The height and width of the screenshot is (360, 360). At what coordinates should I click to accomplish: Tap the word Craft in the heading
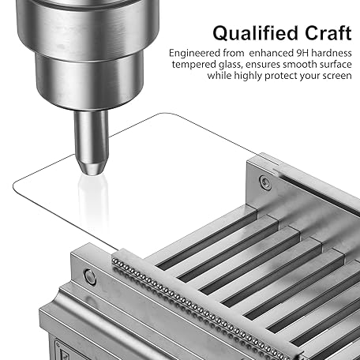click(x=328, y=33)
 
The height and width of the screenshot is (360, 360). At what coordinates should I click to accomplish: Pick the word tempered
click(x=194, y=65)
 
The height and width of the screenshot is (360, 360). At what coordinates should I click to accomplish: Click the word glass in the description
click(x=230, y=66)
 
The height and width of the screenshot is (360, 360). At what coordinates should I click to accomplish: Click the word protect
click(x=281, y=77)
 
